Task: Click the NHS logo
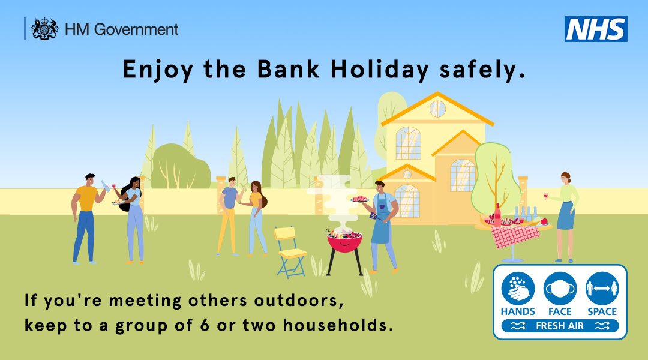(x=596, y=29)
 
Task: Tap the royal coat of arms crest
(x=44, y=29)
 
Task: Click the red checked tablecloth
(x=515, y=235)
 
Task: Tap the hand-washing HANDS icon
(x=518, y=289)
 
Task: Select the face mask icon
(x=560, y=289)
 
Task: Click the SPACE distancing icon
(x=602, y=289)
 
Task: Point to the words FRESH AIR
(x=560, y=326)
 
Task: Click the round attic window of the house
(x=437, y=109)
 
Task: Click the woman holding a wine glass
(x=565, y=216)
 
